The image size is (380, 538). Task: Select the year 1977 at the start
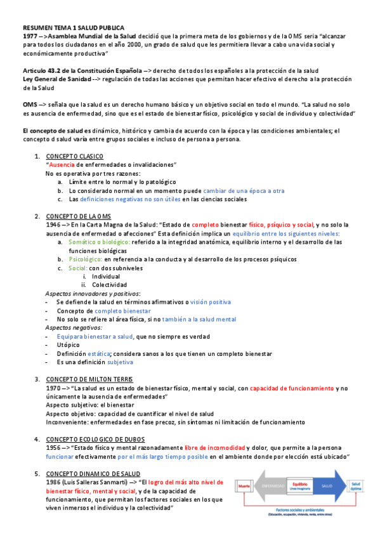pos(30,37)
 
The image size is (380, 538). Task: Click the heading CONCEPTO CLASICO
pos(75,156)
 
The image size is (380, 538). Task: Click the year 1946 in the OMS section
pos(53,225)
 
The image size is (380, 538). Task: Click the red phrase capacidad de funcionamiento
pos(291,388)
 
